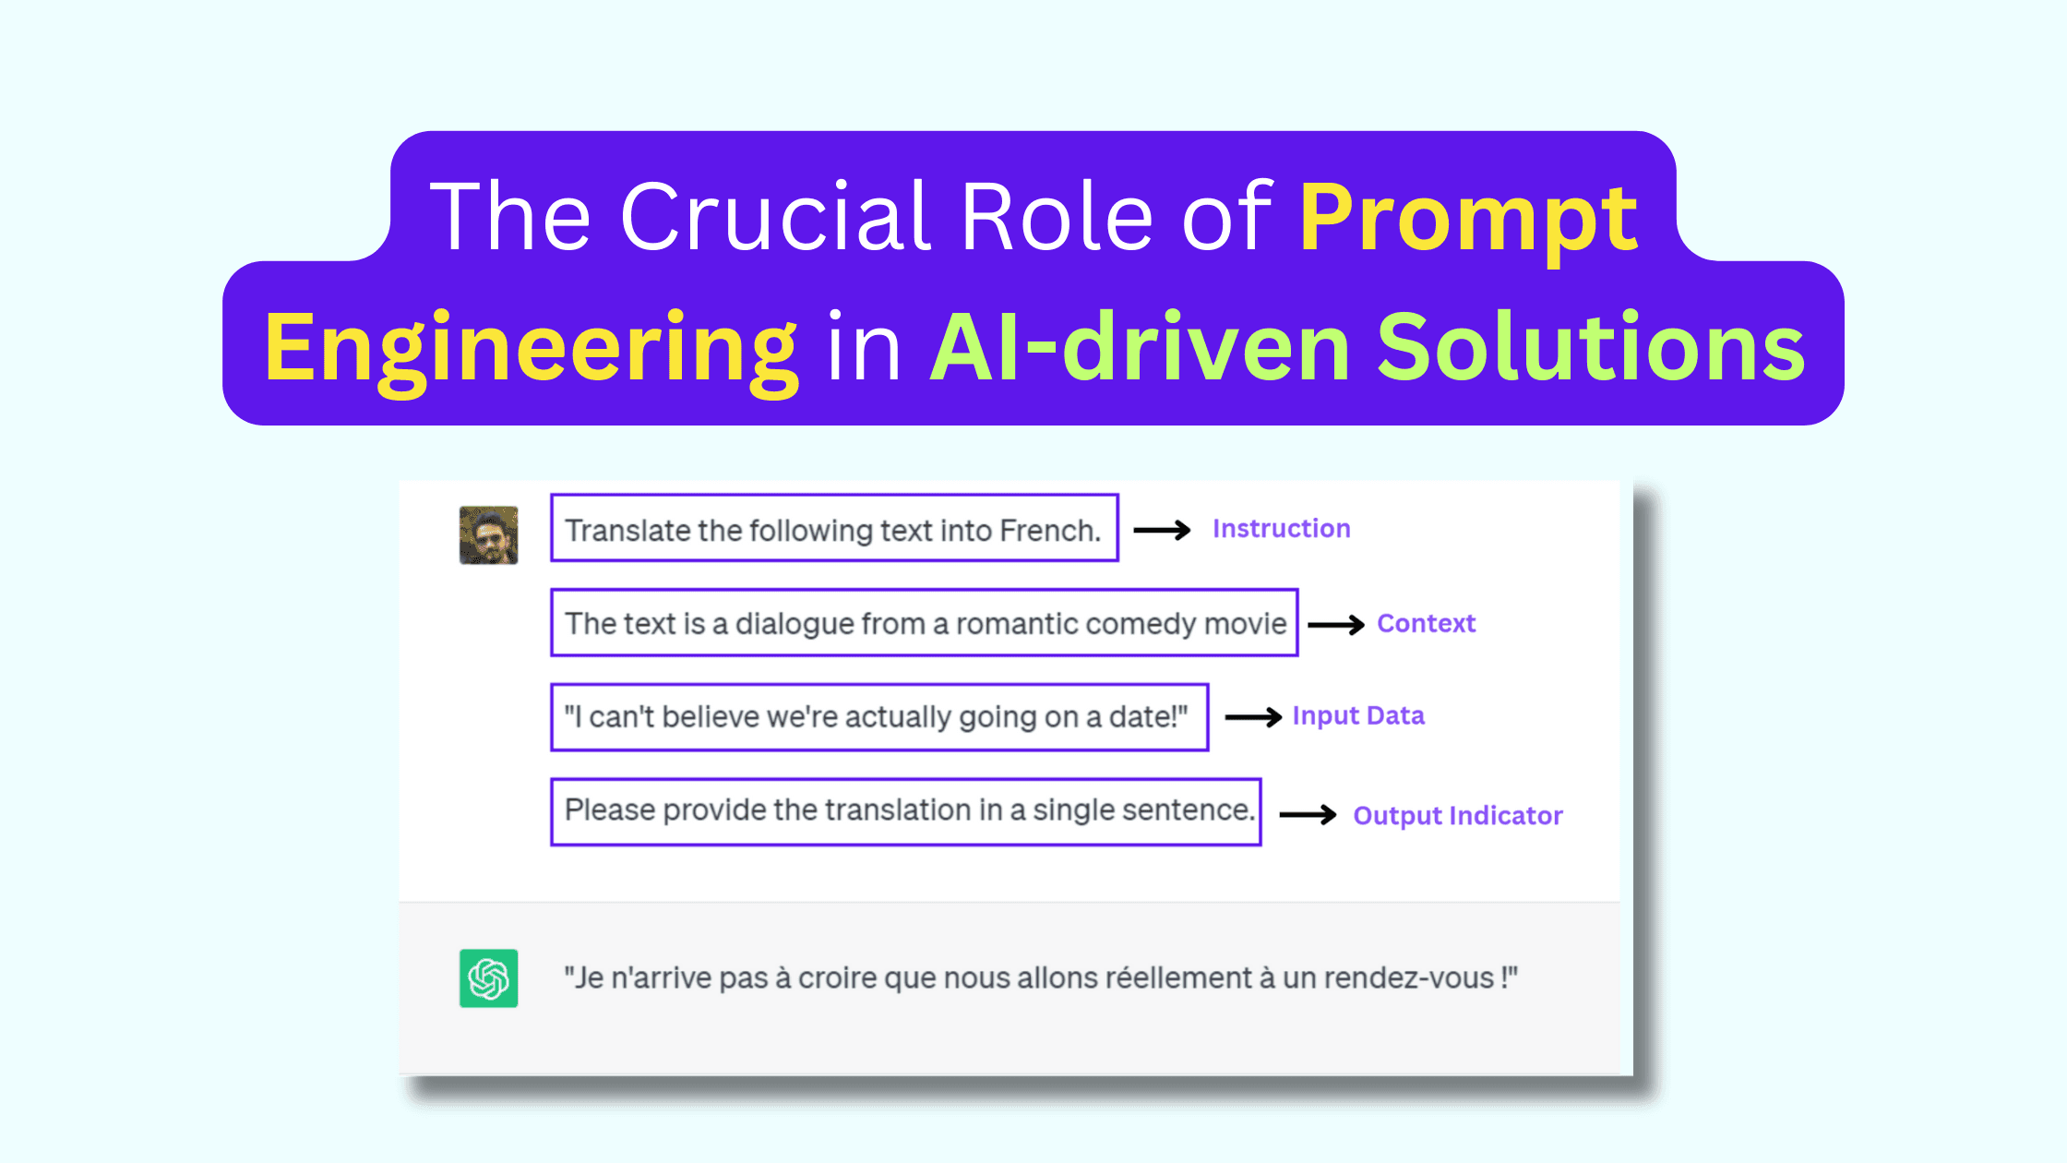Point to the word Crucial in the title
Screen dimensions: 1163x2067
[x=775, y=216]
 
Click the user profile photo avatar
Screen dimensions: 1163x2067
[x=488, y=535]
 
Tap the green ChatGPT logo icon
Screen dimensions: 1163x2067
[x=488, y=978]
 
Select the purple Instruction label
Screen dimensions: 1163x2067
[x=1281, y=529]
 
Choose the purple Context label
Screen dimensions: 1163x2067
[x=1426, y=624]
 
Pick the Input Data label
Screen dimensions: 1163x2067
[x=1358, y=716]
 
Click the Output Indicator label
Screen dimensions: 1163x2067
[x=1458, y=816]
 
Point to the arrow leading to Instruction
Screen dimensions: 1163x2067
[x=1162, y=530]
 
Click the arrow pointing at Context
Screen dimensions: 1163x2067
[x=1336, y=625]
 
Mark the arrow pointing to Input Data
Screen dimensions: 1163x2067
[x=1253, y=717]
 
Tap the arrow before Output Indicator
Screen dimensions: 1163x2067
[x=1308, y=815]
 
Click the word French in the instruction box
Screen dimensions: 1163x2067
[x=1050, y=531]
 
